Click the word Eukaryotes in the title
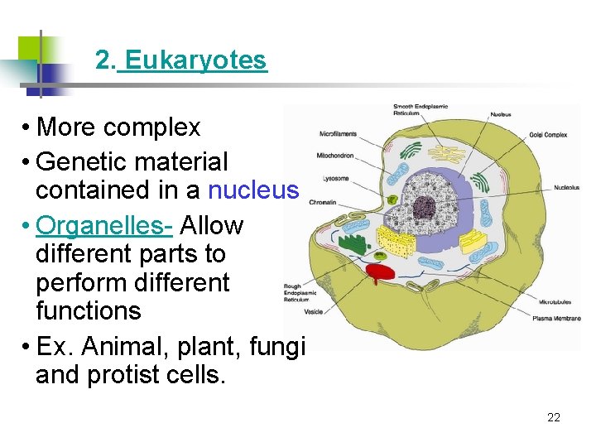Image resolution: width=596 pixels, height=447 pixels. [196, 60]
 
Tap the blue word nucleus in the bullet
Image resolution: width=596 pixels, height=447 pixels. [252, 190]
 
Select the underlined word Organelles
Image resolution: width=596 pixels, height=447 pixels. [103, 225]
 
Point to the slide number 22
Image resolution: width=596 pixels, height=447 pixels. [554, 417]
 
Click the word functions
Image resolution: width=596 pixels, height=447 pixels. [88, 311]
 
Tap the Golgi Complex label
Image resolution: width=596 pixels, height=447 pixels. [549, 134]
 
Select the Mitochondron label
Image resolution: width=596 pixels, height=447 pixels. [334, 155]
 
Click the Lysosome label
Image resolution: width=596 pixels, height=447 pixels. [335, 178]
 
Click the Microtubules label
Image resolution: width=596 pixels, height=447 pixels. [555, 302]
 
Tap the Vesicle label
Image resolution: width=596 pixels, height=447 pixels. [313, 312]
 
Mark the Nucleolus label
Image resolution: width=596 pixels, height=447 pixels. [567, 187]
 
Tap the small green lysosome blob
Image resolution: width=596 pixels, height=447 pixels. [392, 199]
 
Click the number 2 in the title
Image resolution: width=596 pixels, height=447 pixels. [102, 60]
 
